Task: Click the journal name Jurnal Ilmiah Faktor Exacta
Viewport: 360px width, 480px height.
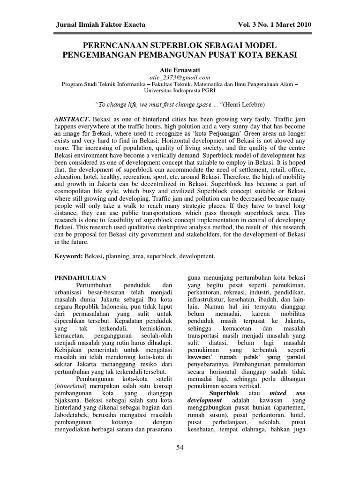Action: coord(101,24)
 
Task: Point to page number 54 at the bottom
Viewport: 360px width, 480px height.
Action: coord(180,448)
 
